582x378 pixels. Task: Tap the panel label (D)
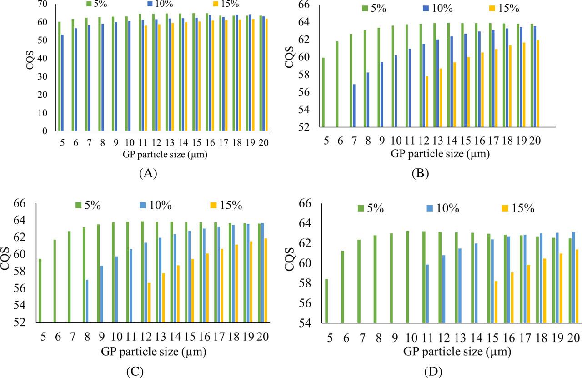(x=443, y=371)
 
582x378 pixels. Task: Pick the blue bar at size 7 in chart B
(x=354, y=106)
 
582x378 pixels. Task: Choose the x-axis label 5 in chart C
(x=43, y=338)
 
